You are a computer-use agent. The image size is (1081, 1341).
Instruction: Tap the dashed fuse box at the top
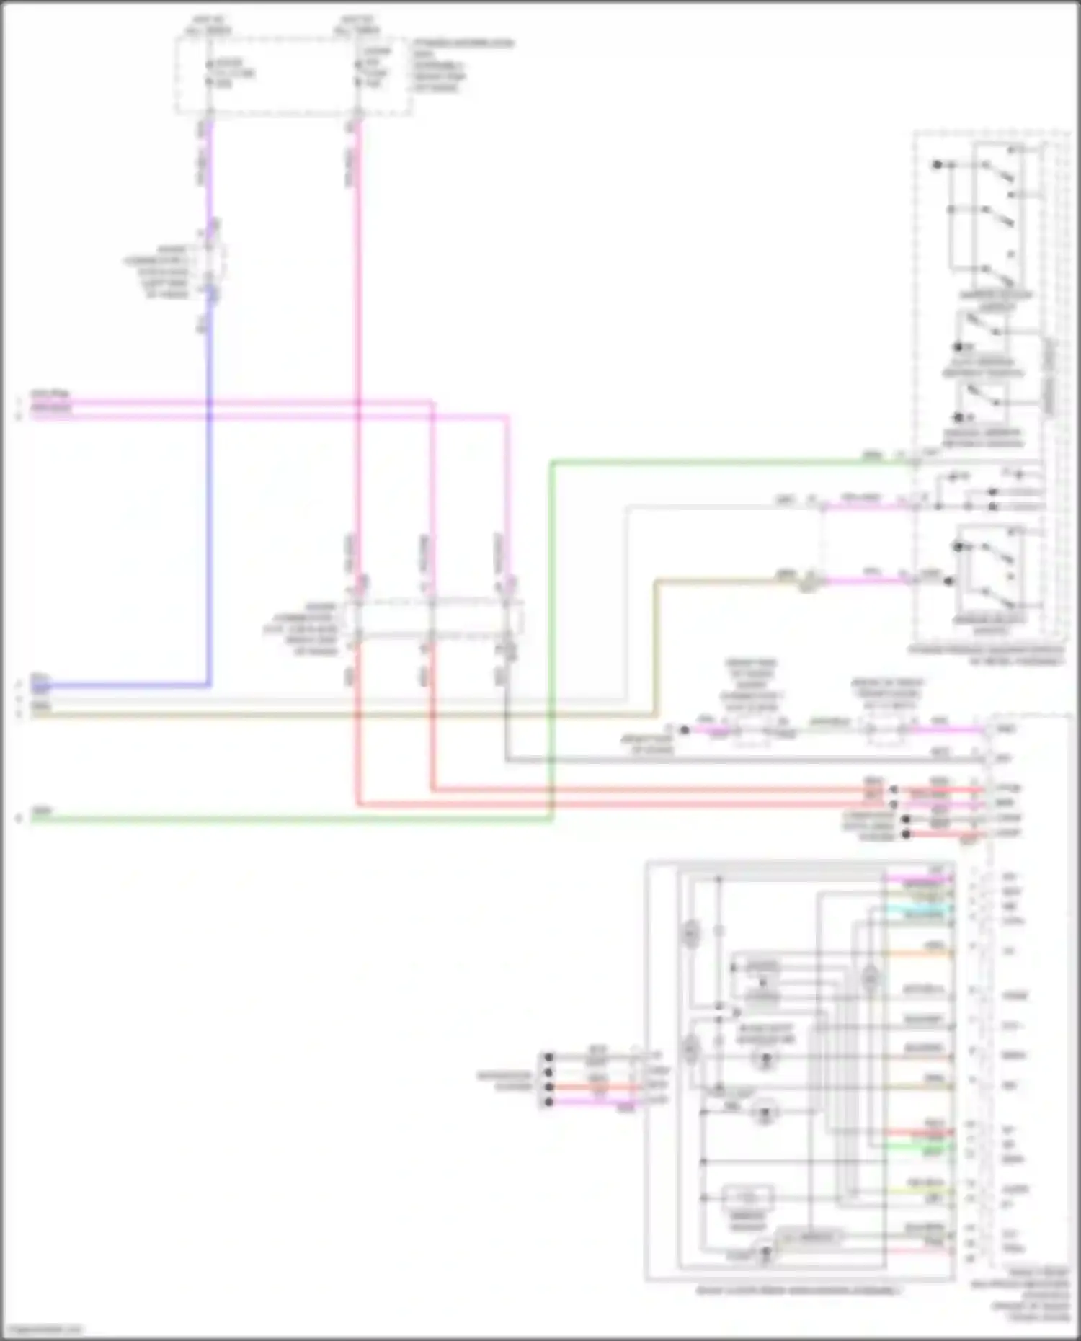(x=293, y=76)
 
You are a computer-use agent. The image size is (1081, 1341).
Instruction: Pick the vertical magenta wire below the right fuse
(x=357, y=324)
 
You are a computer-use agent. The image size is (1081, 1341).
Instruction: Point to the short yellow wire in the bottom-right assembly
(x=926, y=1190)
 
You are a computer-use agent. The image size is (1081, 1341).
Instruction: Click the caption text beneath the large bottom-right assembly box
(x=798, y=1291)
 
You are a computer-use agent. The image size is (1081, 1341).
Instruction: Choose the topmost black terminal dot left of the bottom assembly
(x=548, y=1057)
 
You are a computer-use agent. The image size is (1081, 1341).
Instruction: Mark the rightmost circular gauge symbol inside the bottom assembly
(x=871, y=979)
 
